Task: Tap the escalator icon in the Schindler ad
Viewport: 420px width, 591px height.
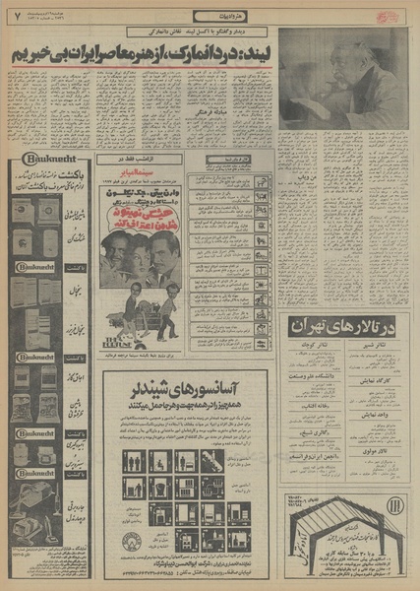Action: point(212,461)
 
